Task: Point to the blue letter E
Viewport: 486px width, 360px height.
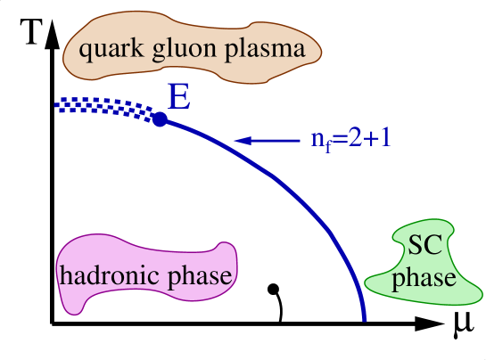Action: click(179, 97)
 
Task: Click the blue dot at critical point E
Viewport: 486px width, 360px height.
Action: click(160, 119)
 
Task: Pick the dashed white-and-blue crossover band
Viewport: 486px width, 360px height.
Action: click(107, 108)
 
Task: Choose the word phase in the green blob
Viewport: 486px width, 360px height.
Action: click(424, 278)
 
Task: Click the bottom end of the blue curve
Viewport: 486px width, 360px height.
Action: click(364, 316)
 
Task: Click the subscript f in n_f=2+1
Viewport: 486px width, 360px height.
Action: click(326, 147)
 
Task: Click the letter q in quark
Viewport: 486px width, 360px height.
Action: click(86, 50)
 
